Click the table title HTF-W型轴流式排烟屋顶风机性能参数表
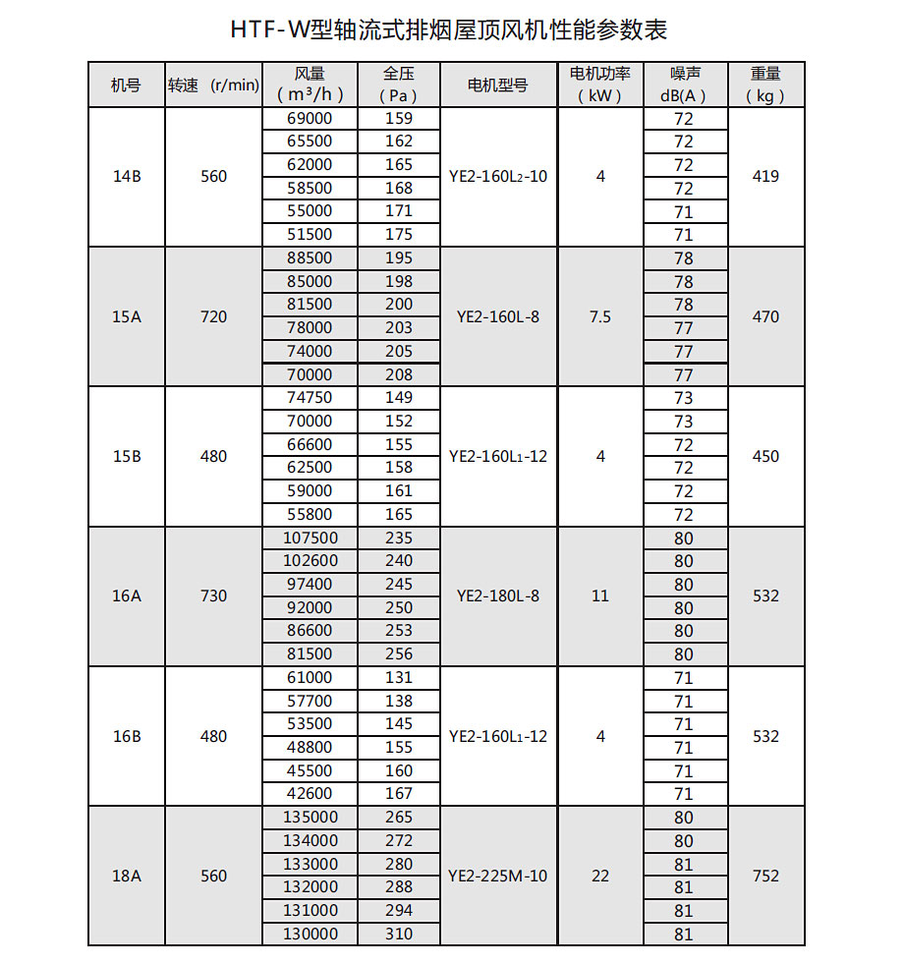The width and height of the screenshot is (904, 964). click(449, 30)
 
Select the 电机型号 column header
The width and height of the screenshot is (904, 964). click(498, 85)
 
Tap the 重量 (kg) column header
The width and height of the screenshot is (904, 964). click(765, 85)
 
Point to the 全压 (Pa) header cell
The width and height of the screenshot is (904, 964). click(398, 85)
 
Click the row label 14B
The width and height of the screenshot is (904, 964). click(127, 177)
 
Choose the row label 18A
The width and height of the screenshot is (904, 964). click(127, 877)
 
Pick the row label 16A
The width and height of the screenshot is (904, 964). click(127, 596)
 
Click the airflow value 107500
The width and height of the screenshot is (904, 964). click(310, 539)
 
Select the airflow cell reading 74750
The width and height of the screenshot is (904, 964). click(310, 398)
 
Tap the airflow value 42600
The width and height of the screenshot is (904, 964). click(310, 794)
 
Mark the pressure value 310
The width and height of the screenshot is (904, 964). click(399, 934)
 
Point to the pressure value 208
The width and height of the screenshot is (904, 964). click(399, 374)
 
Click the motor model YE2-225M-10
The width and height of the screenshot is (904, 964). click(497, 877)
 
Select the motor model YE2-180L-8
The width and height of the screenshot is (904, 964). click(497, 596)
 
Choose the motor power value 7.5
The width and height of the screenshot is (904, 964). click(600, 317)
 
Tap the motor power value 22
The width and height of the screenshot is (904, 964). click(600, 877)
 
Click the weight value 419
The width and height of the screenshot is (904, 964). click(765, 177)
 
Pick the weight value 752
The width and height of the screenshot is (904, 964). click(765, 877)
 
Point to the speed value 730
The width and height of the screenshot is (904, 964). click(213, 596)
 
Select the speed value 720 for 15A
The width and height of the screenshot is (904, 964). click(213, 317)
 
